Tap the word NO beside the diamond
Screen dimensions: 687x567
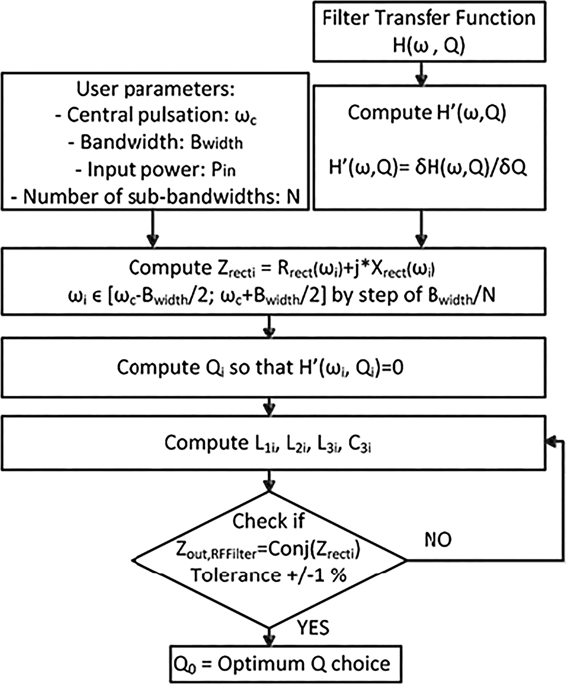(438, 540)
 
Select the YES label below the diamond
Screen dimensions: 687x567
(313, 627)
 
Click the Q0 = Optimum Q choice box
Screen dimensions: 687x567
(286, 664)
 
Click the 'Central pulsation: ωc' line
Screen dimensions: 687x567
(156, 116)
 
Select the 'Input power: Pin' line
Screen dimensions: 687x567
(156, 170)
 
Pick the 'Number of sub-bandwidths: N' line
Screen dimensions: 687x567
(156, 197)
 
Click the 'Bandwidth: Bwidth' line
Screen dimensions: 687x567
(156, 143)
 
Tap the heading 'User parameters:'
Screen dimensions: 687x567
(156, 89)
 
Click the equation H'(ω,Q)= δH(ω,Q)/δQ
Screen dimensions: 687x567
(428, 168)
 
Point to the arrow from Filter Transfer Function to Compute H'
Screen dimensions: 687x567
(422, 74)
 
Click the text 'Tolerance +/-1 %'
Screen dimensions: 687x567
(269, 575)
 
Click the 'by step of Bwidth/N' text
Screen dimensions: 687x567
(413, 297)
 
